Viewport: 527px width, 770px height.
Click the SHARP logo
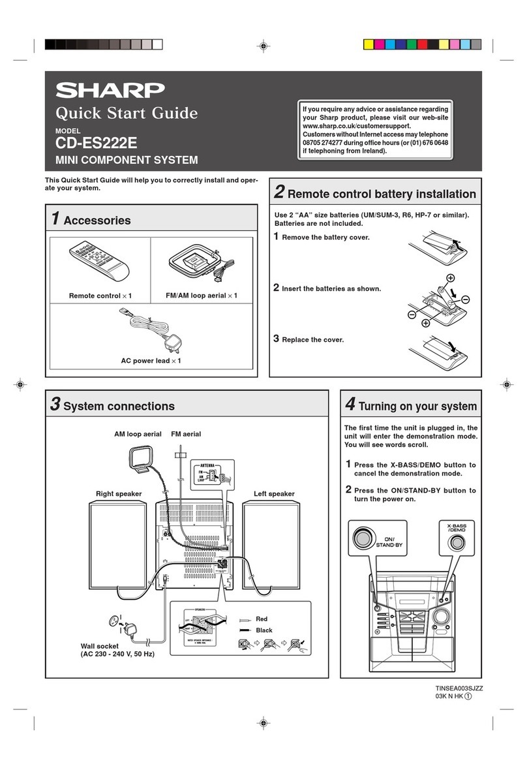(x=110, y=89)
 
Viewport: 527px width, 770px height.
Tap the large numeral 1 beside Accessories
(x=55, y=219)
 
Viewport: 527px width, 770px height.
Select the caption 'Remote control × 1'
(x=100, y=296)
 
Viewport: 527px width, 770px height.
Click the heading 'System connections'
(x=119, y=407)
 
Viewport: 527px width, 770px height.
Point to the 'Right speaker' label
(x=119, y=494)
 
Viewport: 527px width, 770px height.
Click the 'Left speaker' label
(x=274, y=494)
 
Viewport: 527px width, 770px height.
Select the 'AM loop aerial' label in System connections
(x=138, y=434)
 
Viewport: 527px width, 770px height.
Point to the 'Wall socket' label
(x=98, y=646)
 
